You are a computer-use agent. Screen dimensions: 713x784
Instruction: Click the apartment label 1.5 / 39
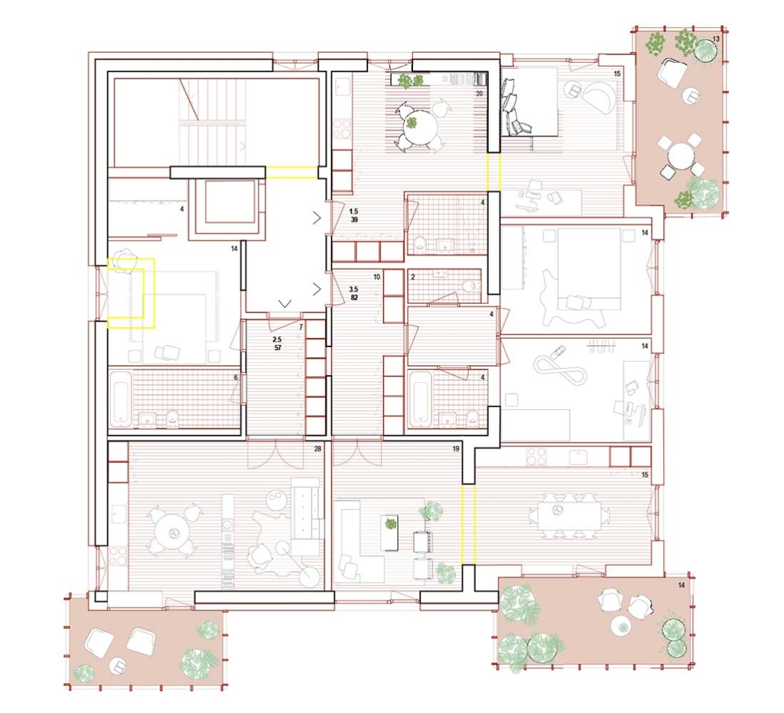point(353,216)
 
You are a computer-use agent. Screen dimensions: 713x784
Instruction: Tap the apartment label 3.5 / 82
point(353,294)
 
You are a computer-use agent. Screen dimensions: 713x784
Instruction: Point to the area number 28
point(317,449)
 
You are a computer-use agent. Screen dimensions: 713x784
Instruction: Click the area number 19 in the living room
point(455,449)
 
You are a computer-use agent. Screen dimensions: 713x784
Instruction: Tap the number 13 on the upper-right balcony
point(715,39)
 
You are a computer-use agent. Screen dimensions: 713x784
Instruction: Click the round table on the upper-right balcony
point(683,156)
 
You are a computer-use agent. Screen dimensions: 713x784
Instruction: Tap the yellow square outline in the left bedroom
point(132,293)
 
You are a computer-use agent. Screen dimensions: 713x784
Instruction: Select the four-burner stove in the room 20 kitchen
point(342,129)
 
